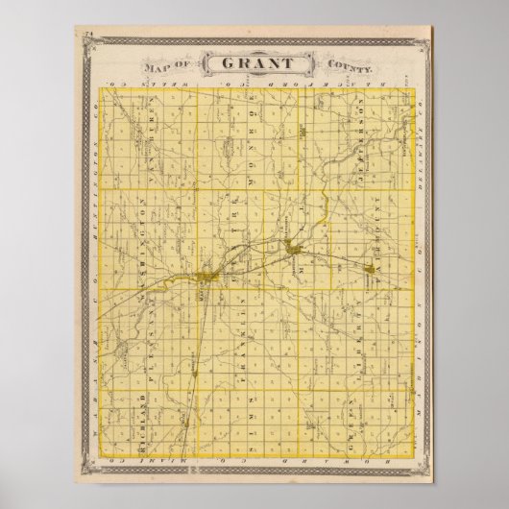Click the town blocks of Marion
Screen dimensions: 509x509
[206, 278]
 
